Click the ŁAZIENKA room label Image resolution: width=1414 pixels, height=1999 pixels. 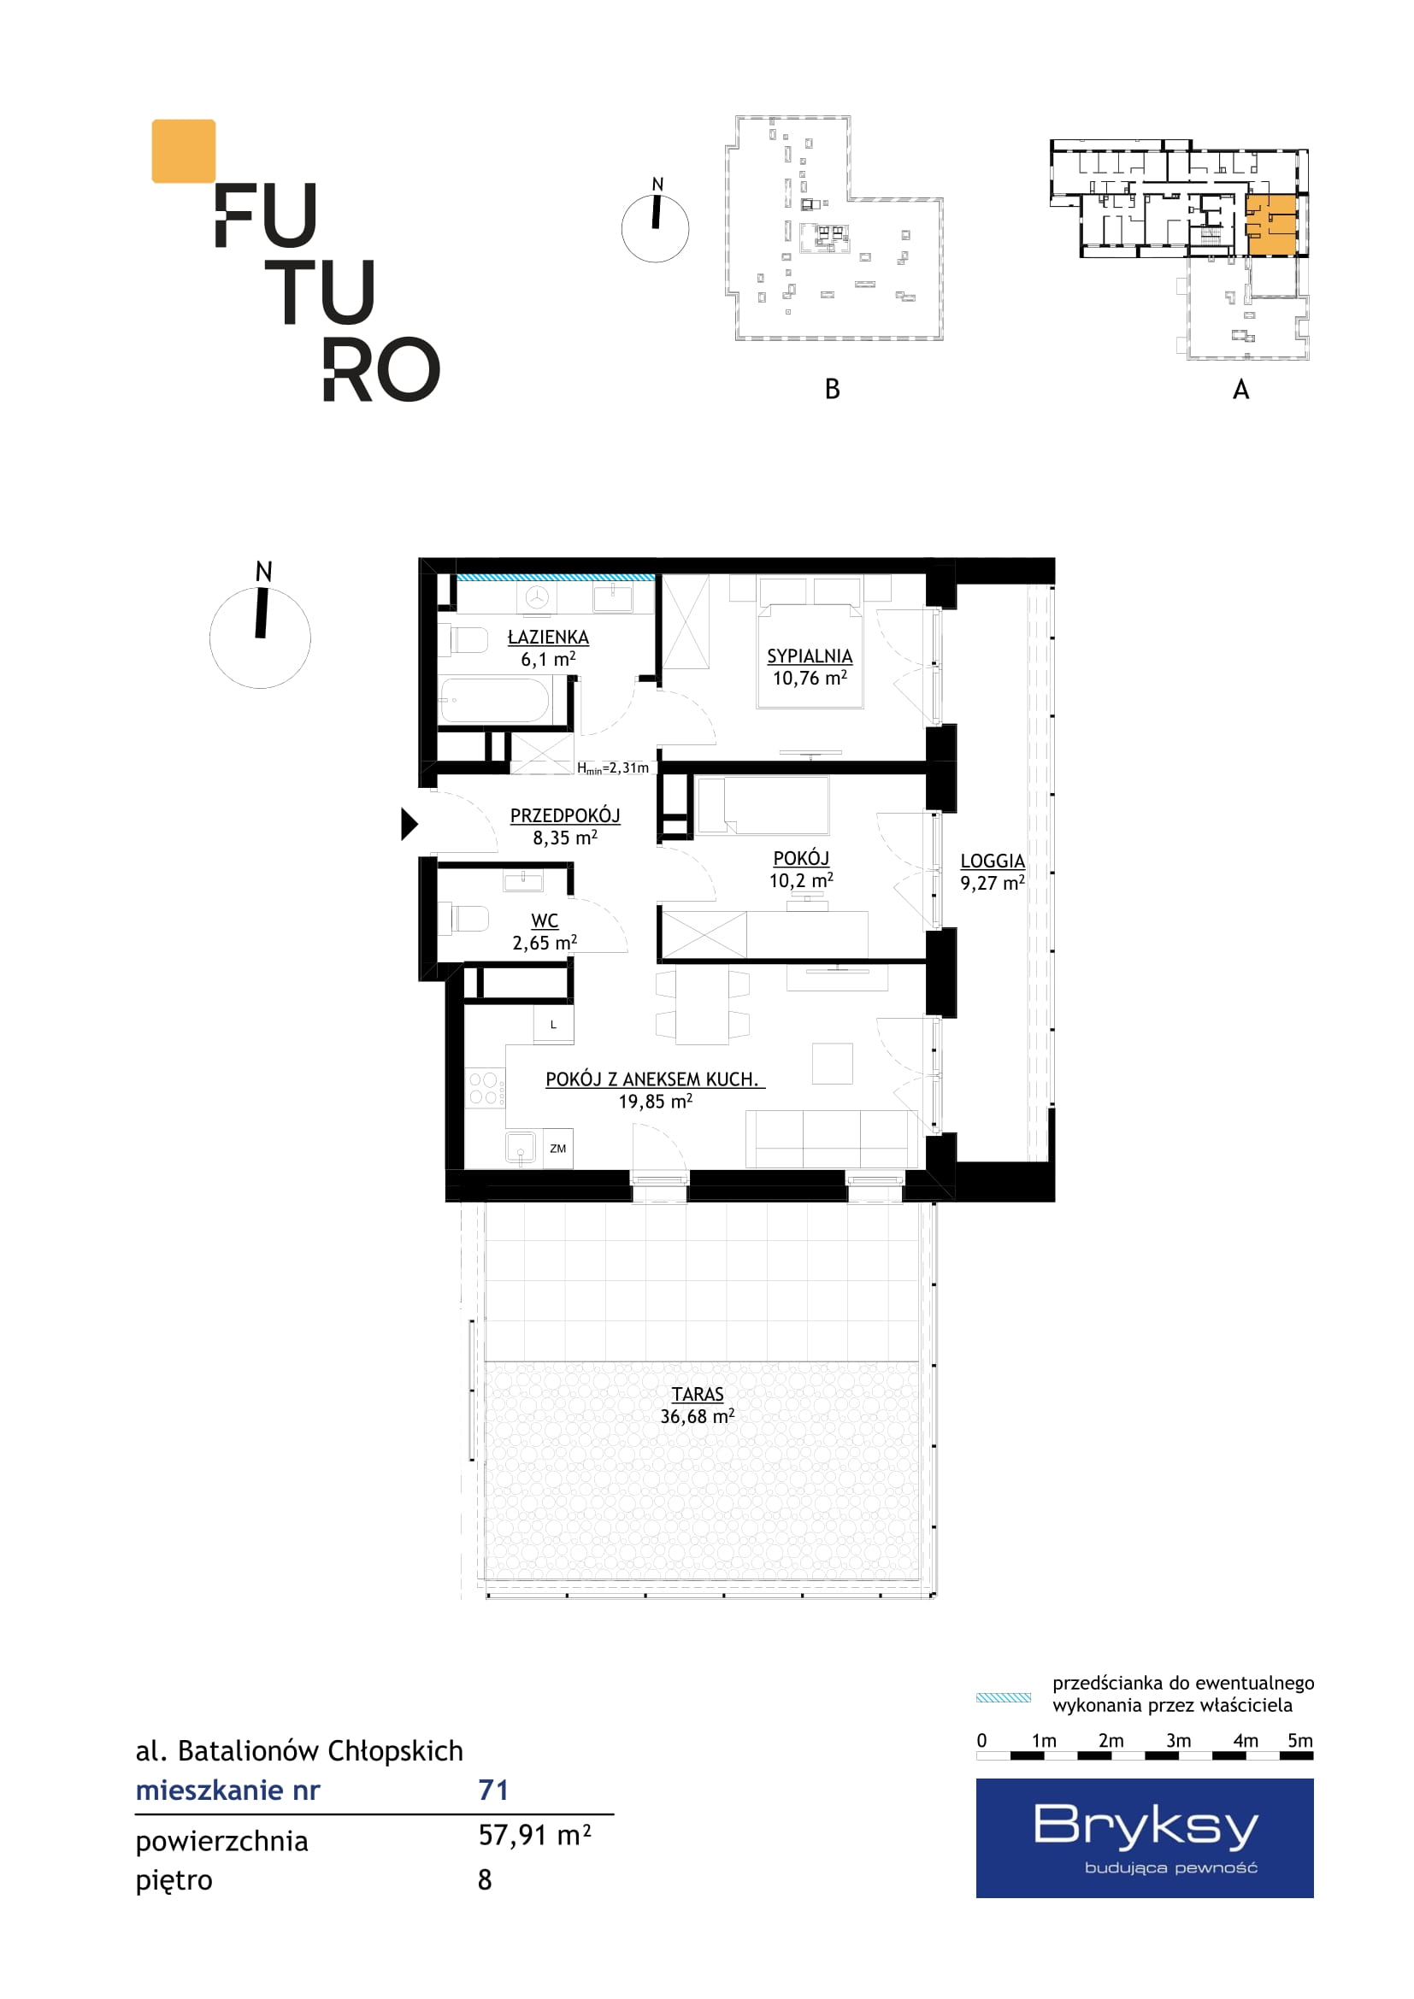tap(548, 638)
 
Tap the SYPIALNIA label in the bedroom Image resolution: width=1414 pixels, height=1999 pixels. tap(809, 656)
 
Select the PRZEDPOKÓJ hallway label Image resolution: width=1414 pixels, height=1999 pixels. tap(565, 816)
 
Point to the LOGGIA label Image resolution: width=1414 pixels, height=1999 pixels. tap(993, 861)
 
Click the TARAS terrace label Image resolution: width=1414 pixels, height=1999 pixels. tap(698, 1395)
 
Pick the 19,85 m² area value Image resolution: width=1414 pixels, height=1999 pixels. tap(656, 1102)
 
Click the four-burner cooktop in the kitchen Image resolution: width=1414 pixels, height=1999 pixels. tap(485, 1088)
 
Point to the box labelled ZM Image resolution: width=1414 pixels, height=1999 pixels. tap(558, 1149)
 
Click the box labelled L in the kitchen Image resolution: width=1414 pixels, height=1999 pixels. tap(554, 1025)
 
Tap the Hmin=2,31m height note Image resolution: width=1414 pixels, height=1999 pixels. tap(613, 768)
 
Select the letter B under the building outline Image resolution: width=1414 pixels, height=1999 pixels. tap(833, 389)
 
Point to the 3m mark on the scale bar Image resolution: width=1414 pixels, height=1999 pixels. tap(1178, 1740)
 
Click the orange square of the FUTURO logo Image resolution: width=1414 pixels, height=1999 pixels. tap(184, 151)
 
